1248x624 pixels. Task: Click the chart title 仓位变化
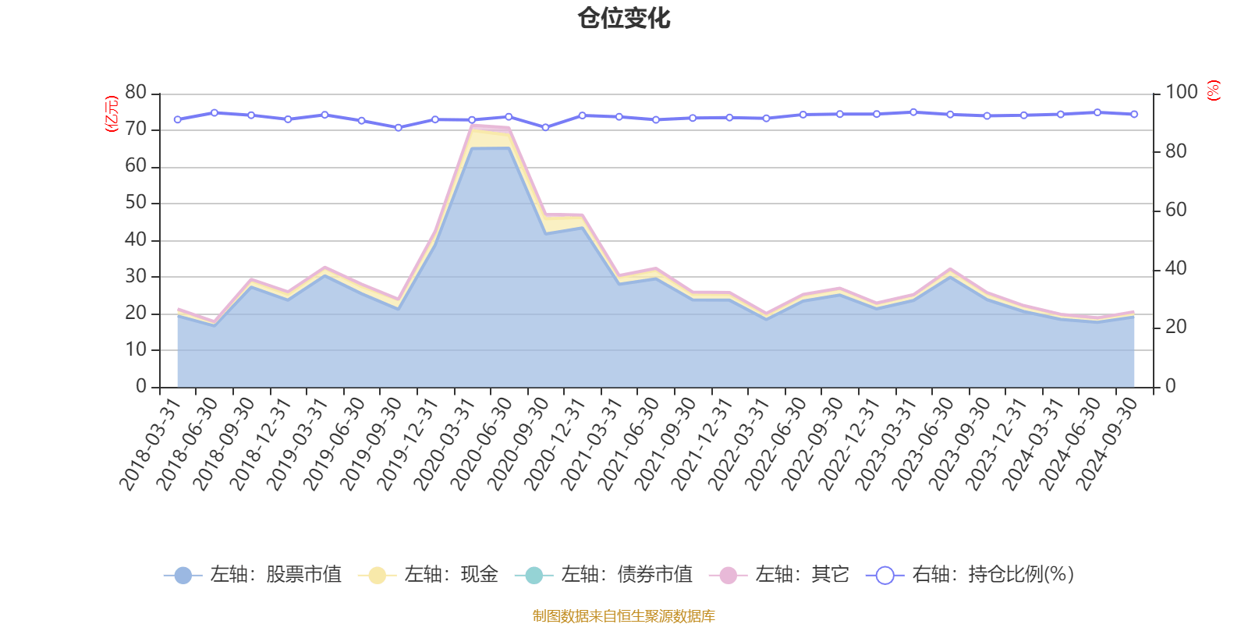click(x=624, y=18)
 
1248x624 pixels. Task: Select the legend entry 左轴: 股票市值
click(x=253, y=576)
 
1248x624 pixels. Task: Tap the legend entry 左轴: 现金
click(x=428, y=576)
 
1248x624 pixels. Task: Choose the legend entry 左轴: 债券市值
click(x=604, y=576)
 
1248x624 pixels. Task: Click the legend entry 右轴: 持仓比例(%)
click(x=970, y=576)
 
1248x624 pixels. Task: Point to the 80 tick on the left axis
click(x=136, y=92)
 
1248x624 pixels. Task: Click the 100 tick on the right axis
click(x=1181, y=92)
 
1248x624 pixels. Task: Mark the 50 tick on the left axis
click(x=136, y=203)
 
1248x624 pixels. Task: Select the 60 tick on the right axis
click(x=1175, y=210)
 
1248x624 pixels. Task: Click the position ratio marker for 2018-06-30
click(x=214, y=112)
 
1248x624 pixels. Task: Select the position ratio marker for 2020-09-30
click(x=545, y=127)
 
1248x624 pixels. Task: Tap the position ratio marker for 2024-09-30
click(x=1134, y=114)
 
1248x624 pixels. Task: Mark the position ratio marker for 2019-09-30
click(x=398, y=127)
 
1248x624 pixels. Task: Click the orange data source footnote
click(x=624, y=616)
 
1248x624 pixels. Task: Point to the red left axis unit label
click(x=111, y=114)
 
